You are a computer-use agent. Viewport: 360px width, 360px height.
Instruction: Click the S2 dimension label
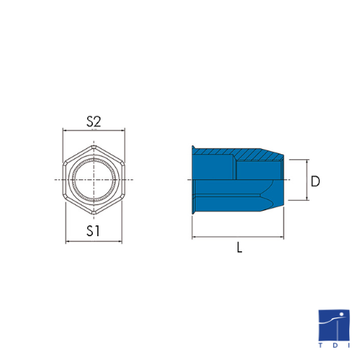[94, 122]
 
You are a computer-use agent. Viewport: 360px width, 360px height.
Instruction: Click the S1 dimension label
[93, 231]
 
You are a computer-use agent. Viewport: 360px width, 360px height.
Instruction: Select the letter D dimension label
[315, 181]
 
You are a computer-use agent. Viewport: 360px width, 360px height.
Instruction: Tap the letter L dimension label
[239, 247]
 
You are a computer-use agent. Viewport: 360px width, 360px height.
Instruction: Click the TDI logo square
[334, 325]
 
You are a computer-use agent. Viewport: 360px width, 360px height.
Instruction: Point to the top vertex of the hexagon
[94, 145]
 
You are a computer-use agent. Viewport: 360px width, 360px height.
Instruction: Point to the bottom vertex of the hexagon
[94, 214]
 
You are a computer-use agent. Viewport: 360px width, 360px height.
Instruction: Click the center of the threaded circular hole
[94, 179]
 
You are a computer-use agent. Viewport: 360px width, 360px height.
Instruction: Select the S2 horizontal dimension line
[94, 130]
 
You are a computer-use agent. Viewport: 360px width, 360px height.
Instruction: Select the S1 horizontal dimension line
[94, 241]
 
